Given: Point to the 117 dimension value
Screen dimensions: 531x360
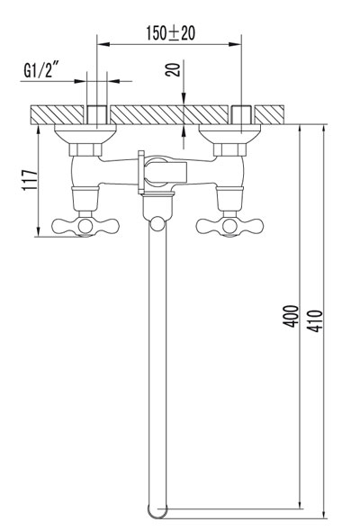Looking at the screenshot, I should click(28, 184).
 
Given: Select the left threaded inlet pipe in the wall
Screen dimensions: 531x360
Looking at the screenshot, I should click(96, 115).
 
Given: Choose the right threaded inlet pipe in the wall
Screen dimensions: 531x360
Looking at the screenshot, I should click(240, 115).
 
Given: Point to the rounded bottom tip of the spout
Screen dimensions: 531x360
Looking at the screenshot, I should click(157, 512).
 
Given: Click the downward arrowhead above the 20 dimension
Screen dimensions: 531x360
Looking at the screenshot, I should click(184, 101).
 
